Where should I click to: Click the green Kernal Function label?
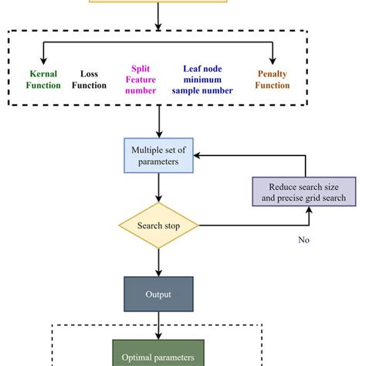click(43, 80)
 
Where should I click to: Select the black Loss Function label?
click(90, 80)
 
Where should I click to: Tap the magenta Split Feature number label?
click(142, 79)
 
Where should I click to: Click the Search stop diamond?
click(158, 225)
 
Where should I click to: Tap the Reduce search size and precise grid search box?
click(305, 192)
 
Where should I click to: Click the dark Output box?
click(158, 294)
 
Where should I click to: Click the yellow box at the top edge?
click(158, 2)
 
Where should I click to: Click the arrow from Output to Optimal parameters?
click(158, 325)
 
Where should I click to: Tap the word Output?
click(158, 294)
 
